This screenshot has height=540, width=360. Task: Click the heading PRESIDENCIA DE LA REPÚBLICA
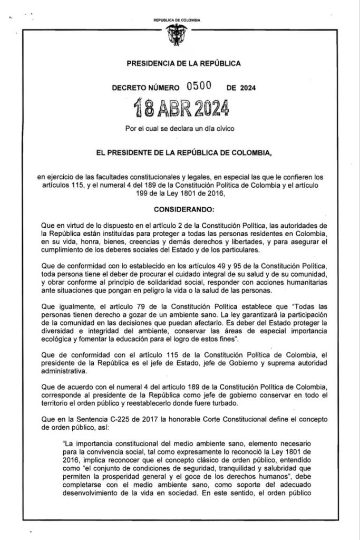point(184,64)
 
